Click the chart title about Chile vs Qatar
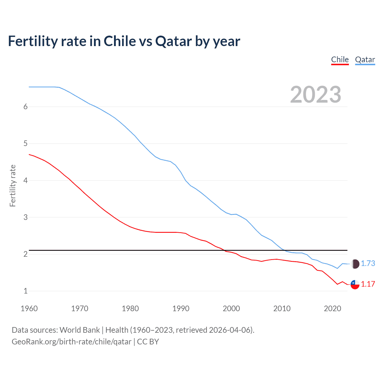click(124, 41)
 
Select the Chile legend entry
click(340, 60)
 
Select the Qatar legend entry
click(365, 60)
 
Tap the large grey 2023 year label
click(315, 95)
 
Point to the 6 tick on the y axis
click(25, 107)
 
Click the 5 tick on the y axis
click(25, 144)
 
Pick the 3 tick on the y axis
click(25, 217)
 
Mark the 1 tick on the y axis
click(25, 291)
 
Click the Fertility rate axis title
click(13, 186)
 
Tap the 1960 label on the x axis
click(29, 308)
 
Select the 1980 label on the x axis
click(130, 308)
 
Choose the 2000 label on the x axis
click(231, 308)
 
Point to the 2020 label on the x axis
click(332, 308)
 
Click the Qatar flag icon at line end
click(355, 264)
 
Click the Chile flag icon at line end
click(355, 284)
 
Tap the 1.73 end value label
click(368, 263)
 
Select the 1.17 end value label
click(368, 284)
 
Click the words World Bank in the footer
click(80, 330)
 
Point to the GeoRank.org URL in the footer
click(72, 342)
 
